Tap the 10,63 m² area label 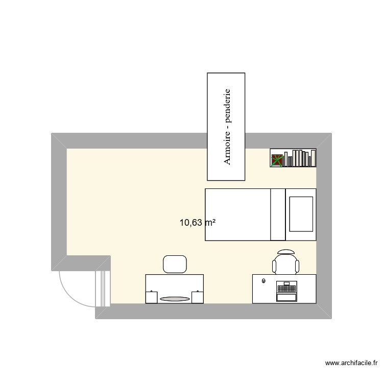click(x=197, y=223)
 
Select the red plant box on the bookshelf click(x=277, y=160)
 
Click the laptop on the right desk click(x=286, y=292)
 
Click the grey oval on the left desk click(x=174, y=298)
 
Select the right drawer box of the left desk click(x=197, y=297)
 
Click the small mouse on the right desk click(x=264, y=281)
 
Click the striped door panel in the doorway click(x=103, y=289)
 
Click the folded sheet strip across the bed click(x=278, y=214)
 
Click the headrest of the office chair click(x=286, y=252)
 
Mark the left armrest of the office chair click(x=275, y=266)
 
